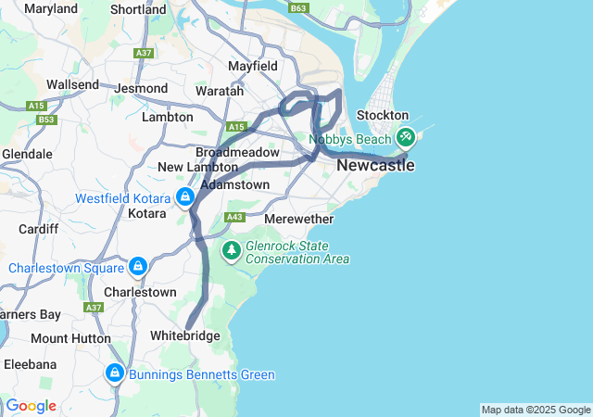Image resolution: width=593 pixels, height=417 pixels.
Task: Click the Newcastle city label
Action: click(x=375, y=166)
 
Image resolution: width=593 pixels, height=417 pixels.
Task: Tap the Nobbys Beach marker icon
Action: click(x=405, y=137)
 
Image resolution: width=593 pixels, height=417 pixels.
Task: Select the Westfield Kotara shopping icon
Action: click(x=185, y=196)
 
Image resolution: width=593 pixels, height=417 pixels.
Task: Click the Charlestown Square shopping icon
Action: click(x=138, y=267)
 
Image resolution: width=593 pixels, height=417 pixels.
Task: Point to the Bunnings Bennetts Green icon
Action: click(x=116, y=373)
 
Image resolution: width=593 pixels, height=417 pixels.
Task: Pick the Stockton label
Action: click(x=377, y=115)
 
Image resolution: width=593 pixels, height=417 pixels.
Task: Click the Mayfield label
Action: click(x=254, y=67)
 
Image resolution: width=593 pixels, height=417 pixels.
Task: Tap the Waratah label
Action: click(x=220, y=91)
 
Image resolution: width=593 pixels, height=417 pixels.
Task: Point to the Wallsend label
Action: click(x=72, y=84)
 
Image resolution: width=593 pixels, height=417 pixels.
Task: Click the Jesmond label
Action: click(x=142, y=88)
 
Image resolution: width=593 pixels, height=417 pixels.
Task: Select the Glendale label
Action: click(x=27, y=154)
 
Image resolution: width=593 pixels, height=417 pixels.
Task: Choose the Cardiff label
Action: click(x=38, y=228)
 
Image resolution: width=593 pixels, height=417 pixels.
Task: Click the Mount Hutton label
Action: click(x=70, y=339)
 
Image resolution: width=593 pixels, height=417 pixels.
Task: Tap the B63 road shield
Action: click(x=297, y=8)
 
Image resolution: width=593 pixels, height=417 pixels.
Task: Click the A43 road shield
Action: click(x=234, y=217)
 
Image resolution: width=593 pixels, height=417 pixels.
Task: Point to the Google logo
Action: click(x=32, y=406)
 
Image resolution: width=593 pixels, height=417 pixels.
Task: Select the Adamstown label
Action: click(x=234, y=184)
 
